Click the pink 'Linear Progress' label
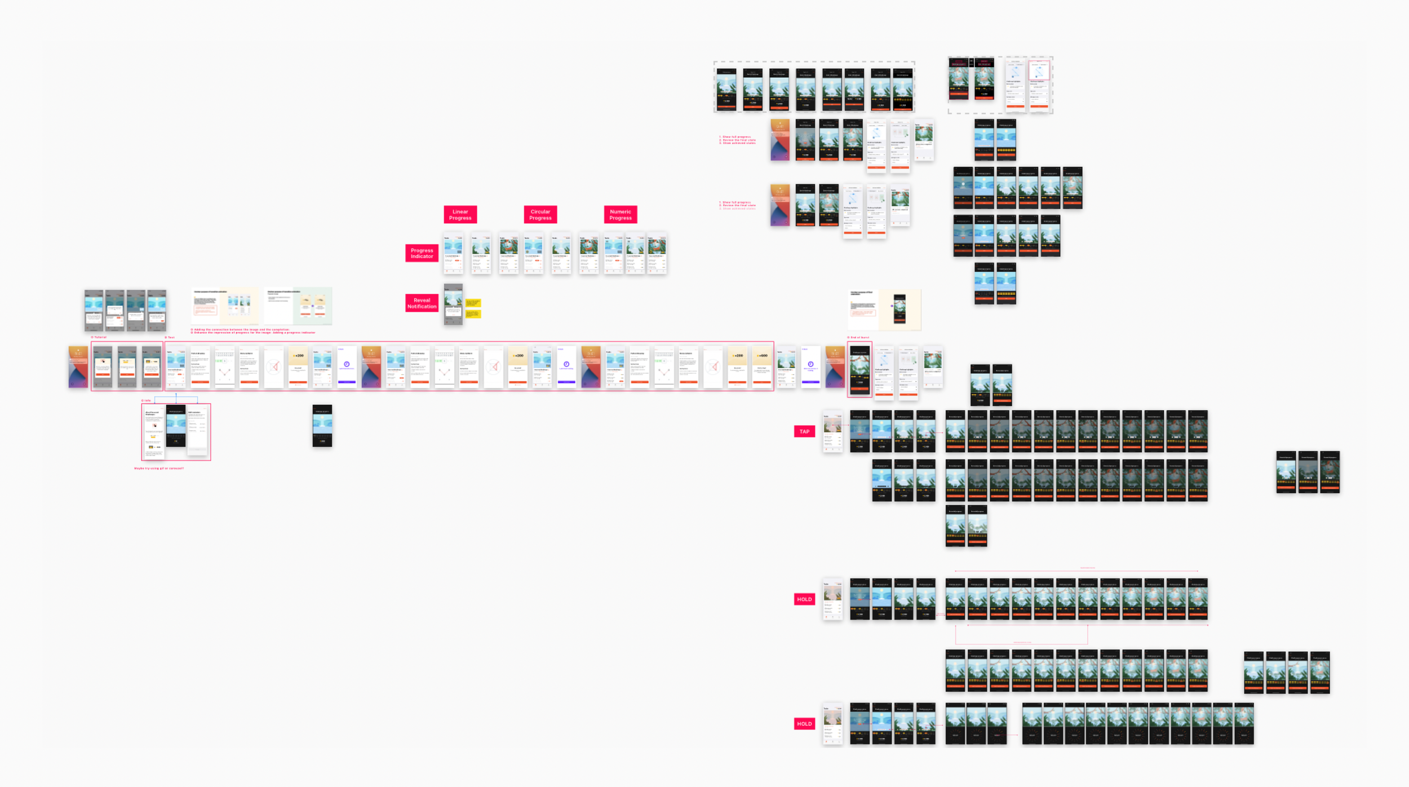click(x=460, y=215)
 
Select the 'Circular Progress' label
click(x=540, y=215)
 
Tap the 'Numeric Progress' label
click(x=620, y=215)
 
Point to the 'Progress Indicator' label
click(x=422, y=253)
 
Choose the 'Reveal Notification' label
click(x=422, y=303)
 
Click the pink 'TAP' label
click(x=804, y=431)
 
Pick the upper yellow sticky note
click(x=473, y=303)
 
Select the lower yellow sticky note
click(x=473, y=314)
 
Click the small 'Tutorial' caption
click(x=99, y=337)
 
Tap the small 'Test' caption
click(x=170, y=337)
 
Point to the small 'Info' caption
click(x=147, y=400)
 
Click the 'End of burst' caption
click(x=858, y=337)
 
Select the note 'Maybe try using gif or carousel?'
click(x=159, y=468)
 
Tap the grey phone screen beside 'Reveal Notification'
click(x=453, y=304)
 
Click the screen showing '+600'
click(x=762, y=368)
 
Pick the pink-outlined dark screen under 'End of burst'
click(x=859, y=369)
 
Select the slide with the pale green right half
click(x=298, y=306)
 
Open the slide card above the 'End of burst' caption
click(x=884, y=310)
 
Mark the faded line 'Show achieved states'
click(x=738, y=209)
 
